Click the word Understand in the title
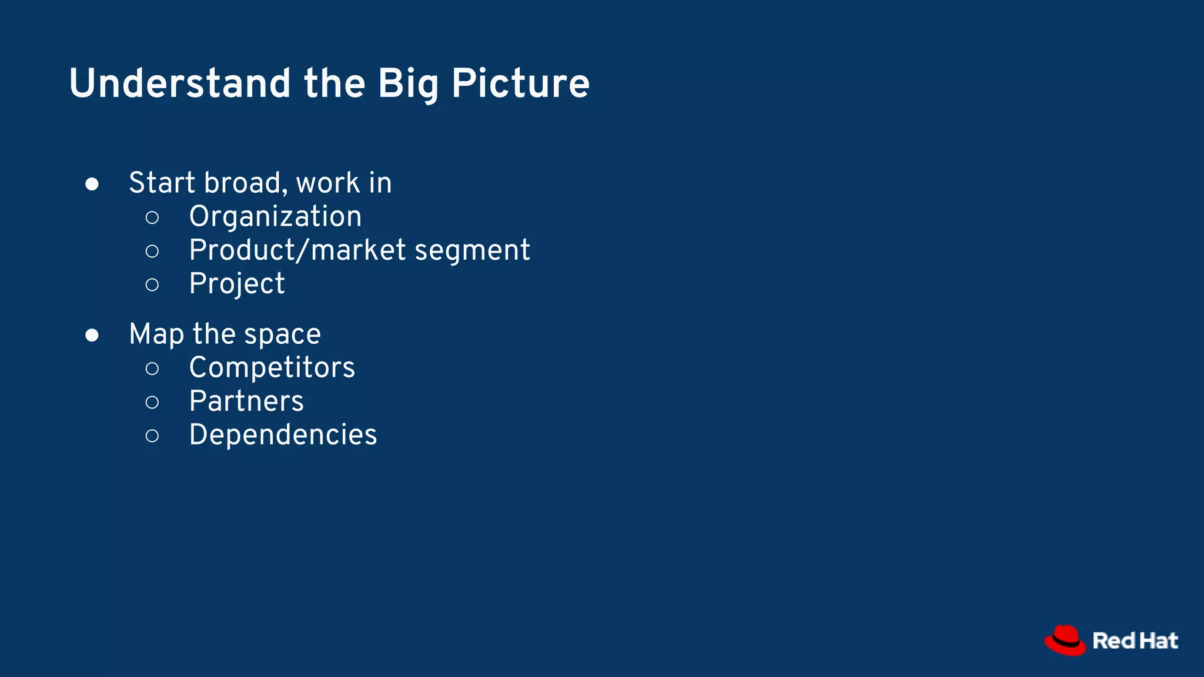pyautogui.click(x=179, y=83)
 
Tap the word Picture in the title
pyautogui.click(x=520, y=83)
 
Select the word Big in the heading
pyautogui.click(x=408, y=83)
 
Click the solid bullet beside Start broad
pyautogui.click(x=92, y=184)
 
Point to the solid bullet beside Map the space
pyautogui.click(x=92, y=335)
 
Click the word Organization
pyautogui.click(x=275, y=217)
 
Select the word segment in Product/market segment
pyautogui.click(x=472, y=251)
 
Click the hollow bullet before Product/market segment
pyautogui.click(x=152, y=252)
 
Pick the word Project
pyautogui.click(x=237, y=284)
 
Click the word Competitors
pyautogui.click(x=272, y=368)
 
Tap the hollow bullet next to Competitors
pyautogui.click(x=152, y=368)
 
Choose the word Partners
pyautogui.click(x=246, y=401)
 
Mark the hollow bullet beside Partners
pyautogui.click(x=152, y=402)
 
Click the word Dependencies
pyautogui.click(x=283, y=435)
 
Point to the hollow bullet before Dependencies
pyautogui.click(x=152, y=435)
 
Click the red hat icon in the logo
pyautogui.click(x=1065, y=640)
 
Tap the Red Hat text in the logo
pyautogui.click(x=1135, y=641)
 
